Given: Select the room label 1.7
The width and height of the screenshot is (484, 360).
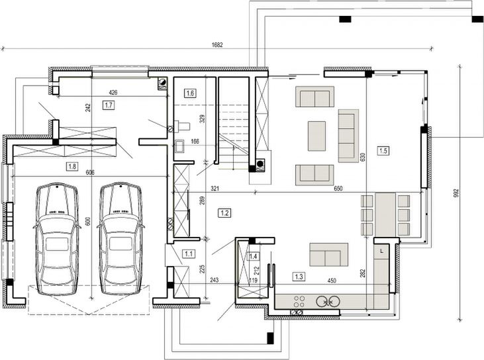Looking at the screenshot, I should [109, 105].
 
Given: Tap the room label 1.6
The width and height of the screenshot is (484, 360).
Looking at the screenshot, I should [190, 93].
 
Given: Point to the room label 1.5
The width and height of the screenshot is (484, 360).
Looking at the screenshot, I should [383, 150].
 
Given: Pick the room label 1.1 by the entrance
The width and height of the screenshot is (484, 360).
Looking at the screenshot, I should [189, 253].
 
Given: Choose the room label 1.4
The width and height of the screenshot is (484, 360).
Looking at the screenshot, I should [253, 256].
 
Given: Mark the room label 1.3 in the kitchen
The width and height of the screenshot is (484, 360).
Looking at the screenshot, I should [299, 276].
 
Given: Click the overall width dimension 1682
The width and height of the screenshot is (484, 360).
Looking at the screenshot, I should [217, 45].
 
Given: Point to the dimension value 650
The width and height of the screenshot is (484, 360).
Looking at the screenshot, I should [339, 189].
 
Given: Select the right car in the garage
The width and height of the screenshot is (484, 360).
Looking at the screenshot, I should [121, 239].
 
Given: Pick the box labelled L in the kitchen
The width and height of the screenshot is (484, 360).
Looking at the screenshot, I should [382, 251].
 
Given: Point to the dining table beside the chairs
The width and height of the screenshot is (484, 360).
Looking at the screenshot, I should [385, 214].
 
